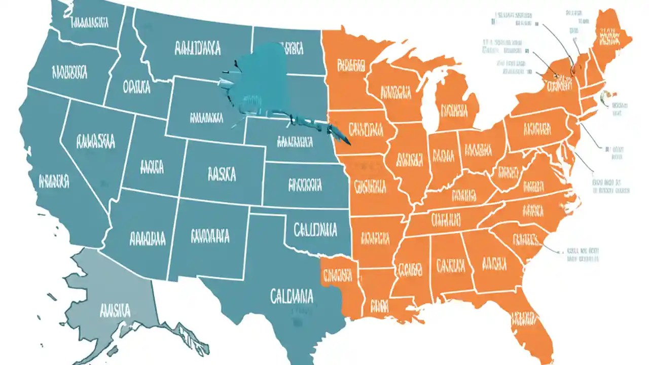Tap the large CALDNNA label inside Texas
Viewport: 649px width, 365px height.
pyautogui.click(x=292, y=295)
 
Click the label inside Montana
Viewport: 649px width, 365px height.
pyautogui.click(x=197, y=49)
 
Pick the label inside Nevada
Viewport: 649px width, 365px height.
pyautogui.click(x=95, y=141)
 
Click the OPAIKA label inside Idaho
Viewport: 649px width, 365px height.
pyautogui.click(x=136, y=88)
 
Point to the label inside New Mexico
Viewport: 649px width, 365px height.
pyautogui.click(x=210, y=236)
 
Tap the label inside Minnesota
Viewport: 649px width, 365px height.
pyautogui.click(x=351, y=65)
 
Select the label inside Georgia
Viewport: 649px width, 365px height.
pyautogui.click(x=493, y=263)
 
